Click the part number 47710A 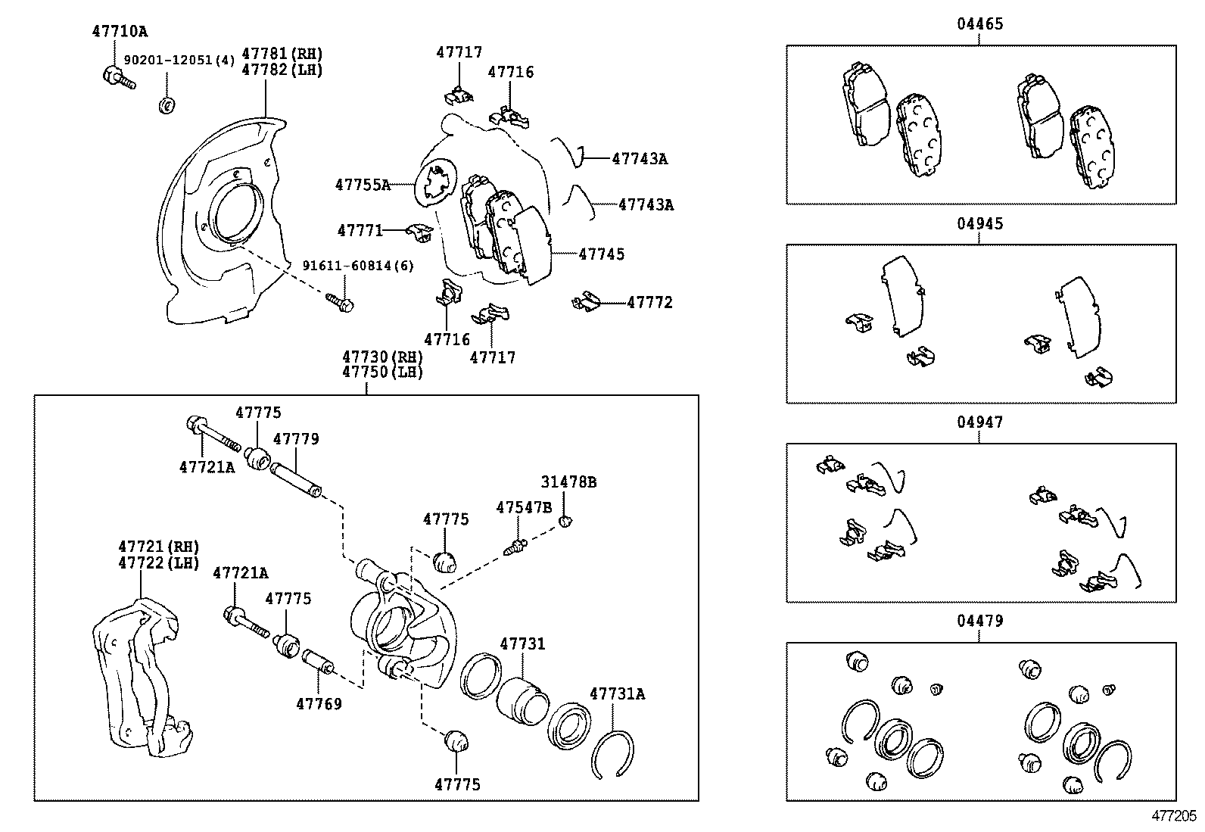click(120, 32)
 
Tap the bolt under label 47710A click(117, 77)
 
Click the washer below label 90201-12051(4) click(166, 105)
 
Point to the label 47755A click(363, 185)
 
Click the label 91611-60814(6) click(357, 266)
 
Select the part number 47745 click(602, 254)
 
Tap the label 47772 click(649, 303)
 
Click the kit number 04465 click(979, 24)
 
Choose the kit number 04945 click(979, 224)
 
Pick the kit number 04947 click(979, 422)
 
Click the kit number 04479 click(979, 622)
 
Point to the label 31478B click(568, 482)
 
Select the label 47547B click(524, 507)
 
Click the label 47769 click(319, 704)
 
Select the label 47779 click(296, 439)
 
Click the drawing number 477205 click(1174, 816)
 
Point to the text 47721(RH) click(158, 547)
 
